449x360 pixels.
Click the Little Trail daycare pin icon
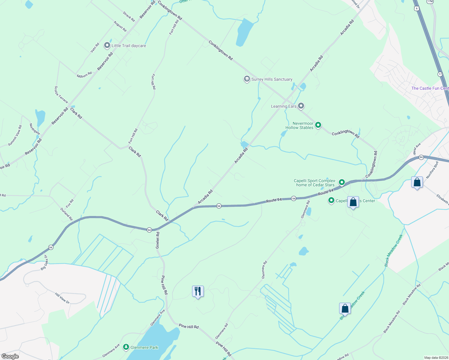click(x=107, y=45)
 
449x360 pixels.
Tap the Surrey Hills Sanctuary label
click(x=272, y=79)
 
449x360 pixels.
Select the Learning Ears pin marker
click(x=301, y=106)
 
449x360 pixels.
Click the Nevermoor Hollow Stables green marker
click(x=318, y=125)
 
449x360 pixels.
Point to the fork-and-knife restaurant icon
click(x=198, y=291)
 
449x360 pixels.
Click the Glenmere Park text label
click(x=144, y=347)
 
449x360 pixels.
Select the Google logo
click(x=10, y=356)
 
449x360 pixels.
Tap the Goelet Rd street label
click(x=158, y=240)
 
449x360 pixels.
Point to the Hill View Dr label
click(x=62, y=298)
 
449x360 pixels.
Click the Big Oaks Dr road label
click(x=44, y=262)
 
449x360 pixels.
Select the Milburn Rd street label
click(x=84, y=75)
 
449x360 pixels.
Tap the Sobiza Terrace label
click(x=61, y=94)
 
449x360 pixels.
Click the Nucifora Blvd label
click(x=432, y=170)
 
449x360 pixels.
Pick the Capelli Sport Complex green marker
click(x=342, y=182)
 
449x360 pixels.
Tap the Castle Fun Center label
click(x=430, y=88)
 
